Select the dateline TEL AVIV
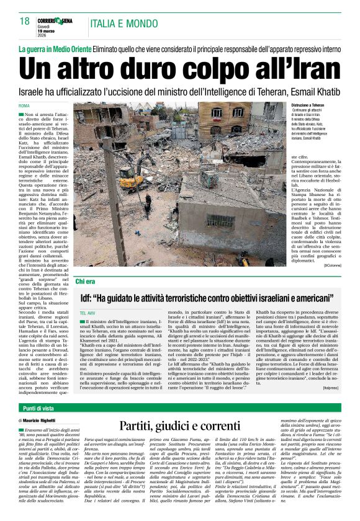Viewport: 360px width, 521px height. coord(89,314)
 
